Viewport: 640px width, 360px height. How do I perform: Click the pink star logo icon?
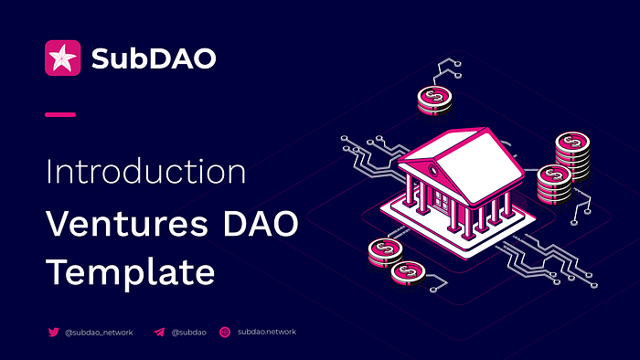[x=62, y=58]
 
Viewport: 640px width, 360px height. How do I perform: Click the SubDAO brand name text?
[x=154, y=58]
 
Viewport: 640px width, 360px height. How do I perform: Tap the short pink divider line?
[x=60, y=114]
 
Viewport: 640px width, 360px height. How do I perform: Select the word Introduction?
[x=145, y=171]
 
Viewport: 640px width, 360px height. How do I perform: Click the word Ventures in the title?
[x=127, y=224]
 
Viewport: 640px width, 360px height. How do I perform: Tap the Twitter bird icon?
[x=53, y=332]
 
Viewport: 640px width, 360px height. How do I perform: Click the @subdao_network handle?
[x=99, y=333]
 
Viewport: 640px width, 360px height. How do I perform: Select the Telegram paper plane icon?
[x=159, y=333]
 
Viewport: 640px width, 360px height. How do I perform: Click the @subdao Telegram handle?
[x=188, y=333]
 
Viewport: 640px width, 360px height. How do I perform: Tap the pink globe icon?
[x=225, y=333]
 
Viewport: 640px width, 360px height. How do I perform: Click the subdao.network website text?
[x=267, y=332]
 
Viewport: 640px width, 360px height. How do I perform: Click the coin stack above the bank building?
[x=434, y=100]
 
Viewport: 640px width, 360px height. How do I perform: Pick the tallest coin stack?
[x=572, y=155]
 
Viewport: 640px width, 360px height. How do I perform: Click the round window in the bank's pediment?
[x=433, y=170]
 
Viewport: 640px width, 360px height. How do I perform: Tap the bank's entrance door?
[x=442, y=201]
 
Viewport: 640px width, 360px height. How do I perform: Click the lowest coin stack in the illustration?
[x=408, y=273]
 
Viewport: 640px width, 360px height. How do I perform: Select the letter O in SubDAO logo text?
[x=203, y=58]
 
